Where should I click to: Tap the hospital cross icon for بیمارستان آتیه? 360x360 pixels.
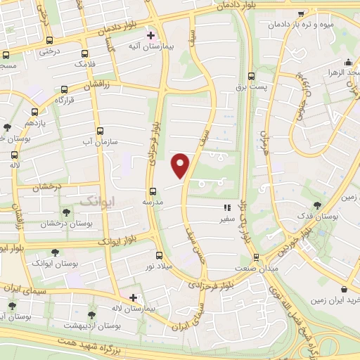[x=150, y=34]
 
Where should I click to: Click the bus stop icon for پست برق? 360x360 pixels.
[x=251, y=76]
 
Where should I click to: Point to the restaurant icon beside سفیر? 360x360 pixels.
[x=227, y=207]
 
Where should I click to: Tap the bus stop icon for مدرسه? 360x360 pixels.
[x=153, y=191]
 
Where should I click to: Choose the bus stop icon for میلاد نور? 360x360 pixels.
[x=160, y=256]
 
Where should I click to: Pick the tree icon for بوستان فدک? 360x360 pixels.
[x=318, y=205]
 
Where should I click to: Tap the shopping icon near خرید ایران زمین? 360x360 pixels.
[x=344, y=289]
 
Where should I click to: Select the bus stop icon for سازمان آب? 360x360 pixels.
[x=99, y=131]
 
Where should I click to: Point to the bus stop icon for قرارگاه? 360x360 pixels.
[x=65, y=89]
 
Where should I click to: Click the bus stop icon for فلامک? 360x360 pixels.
[x=85, y=53]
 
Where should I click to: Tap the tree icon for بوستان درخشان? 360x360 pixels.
[x=66, y=212]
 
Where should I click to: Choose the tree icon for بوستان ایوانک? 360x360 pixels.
[x=55, y=252]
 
